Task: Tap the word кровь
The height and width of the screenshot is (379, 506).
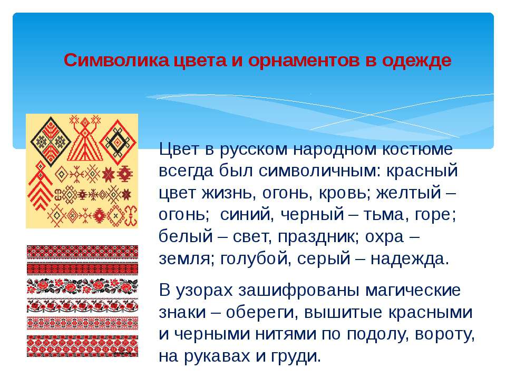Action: [343, 193]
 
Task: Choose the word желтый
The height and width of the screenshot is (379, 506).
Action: [408, 193]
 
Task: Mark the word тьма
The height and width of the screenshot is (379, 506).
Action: [383, 215]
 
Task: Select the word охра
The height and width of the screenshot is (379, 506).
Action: [384, 237]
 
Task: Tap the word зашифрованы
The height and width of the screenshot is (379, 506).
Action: [299, 291]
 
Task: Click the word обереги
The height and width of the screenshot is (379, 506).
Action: [262, 313]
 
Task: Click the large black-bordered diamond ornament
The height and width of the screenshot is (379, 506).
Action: [51, 142]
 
